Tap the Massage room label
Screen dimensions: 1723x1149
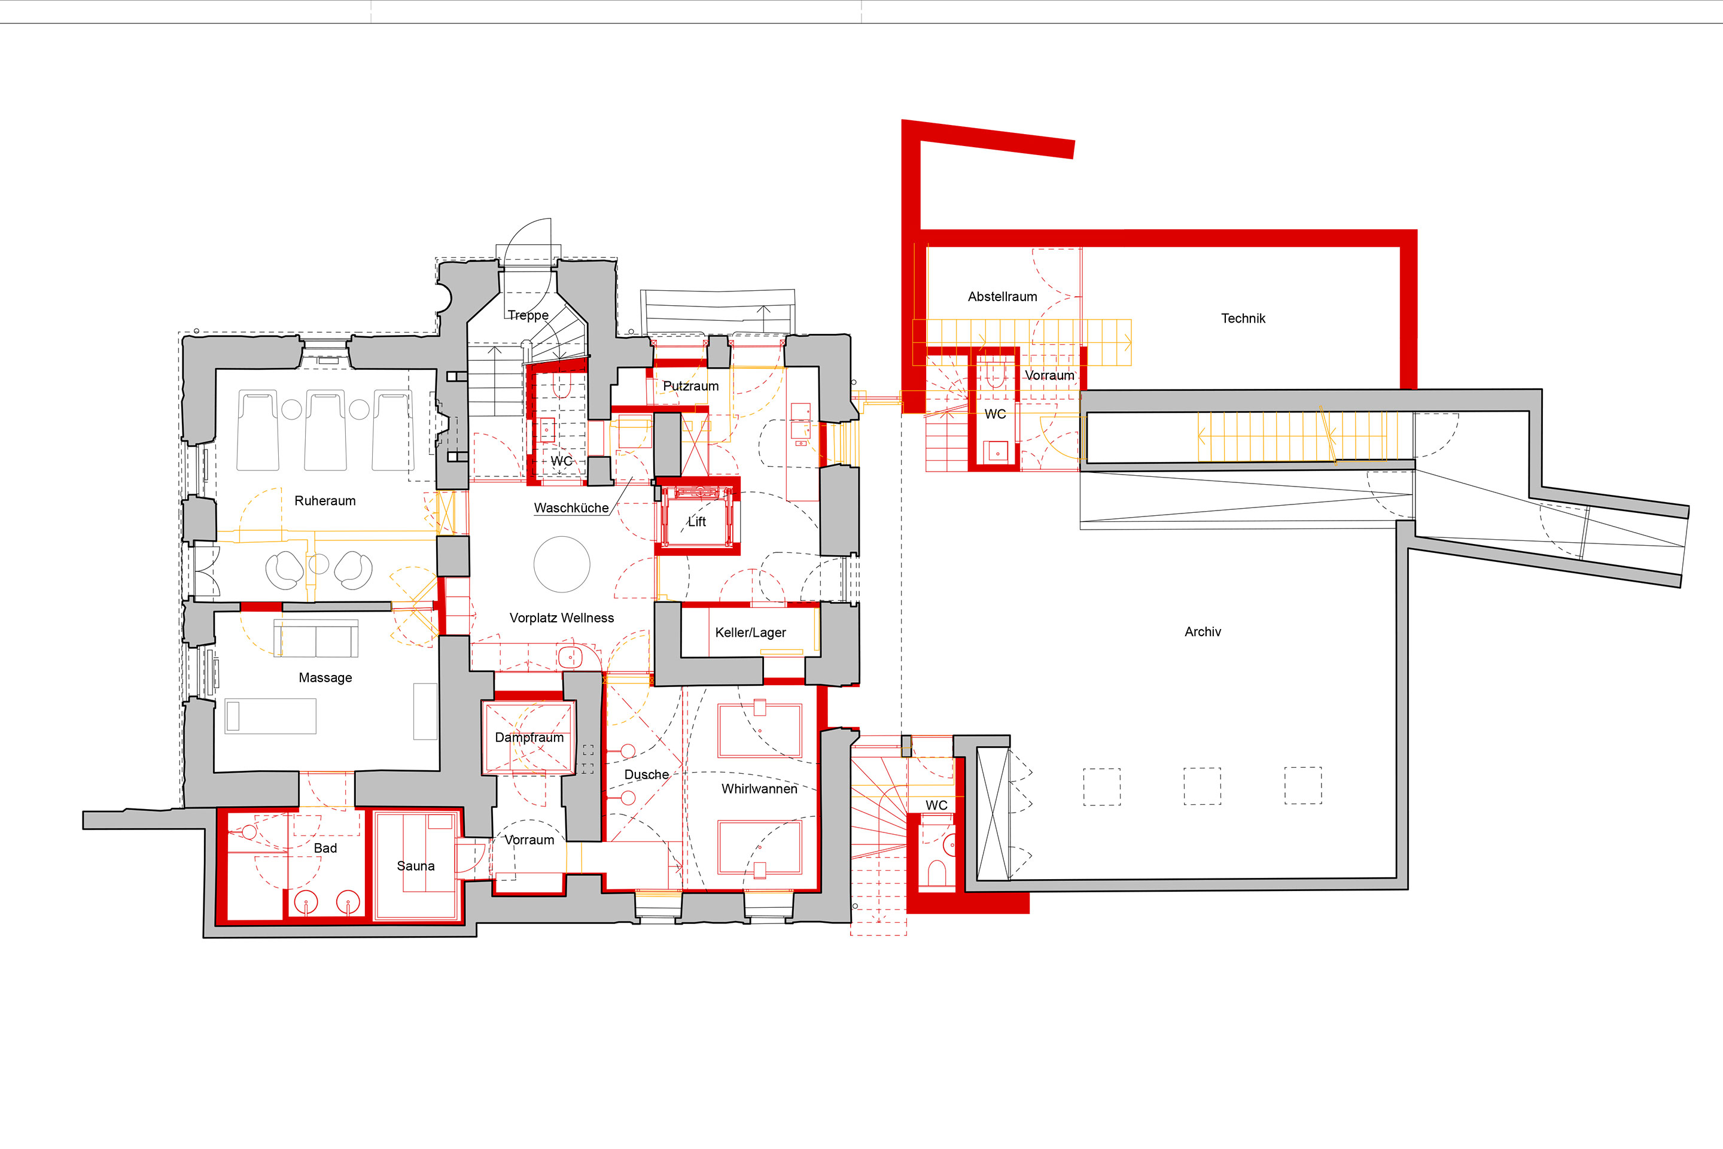[x=325, y=678]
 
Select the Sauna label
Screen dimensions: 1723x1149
[x=415, y=865]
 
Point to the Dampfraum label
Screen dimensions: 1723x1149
[x=529, y=737]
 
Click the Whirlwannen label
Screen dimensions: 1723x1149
[x=759, y=789]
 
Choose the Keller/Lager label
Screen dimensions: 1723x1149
[x=750, y=633]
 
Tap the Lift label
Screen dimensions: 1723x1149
[x=696, y=521]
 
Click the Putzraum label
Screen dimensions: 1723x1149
[x=691, y=385]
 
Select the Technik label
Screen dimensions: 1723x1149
[x=1243, y=318]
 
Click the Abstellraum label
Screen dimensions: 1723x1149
[x=1002, y=297]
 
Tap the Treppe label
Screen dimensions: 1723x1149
[x=528, y=315]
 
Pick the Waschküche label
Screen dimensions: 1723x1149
[x=571, y=508]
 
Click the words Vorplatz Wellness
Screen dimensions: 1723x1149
[x=561, y=618]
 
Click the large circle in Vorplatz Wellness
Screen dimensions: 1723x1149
[x=562, y=564]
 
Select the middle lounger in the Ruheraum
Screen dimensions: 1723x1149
[x=325, y=430]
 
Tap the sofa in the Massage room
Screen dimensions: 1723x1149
[x=316, y=639]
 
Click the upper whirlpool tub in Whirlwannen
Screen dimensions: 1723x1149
[x=760, y=730]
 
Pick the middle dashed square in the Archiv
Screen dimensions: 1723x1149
[x=1202, y=786]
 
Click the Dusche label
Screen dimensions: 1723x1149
[x=646, y=774]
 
